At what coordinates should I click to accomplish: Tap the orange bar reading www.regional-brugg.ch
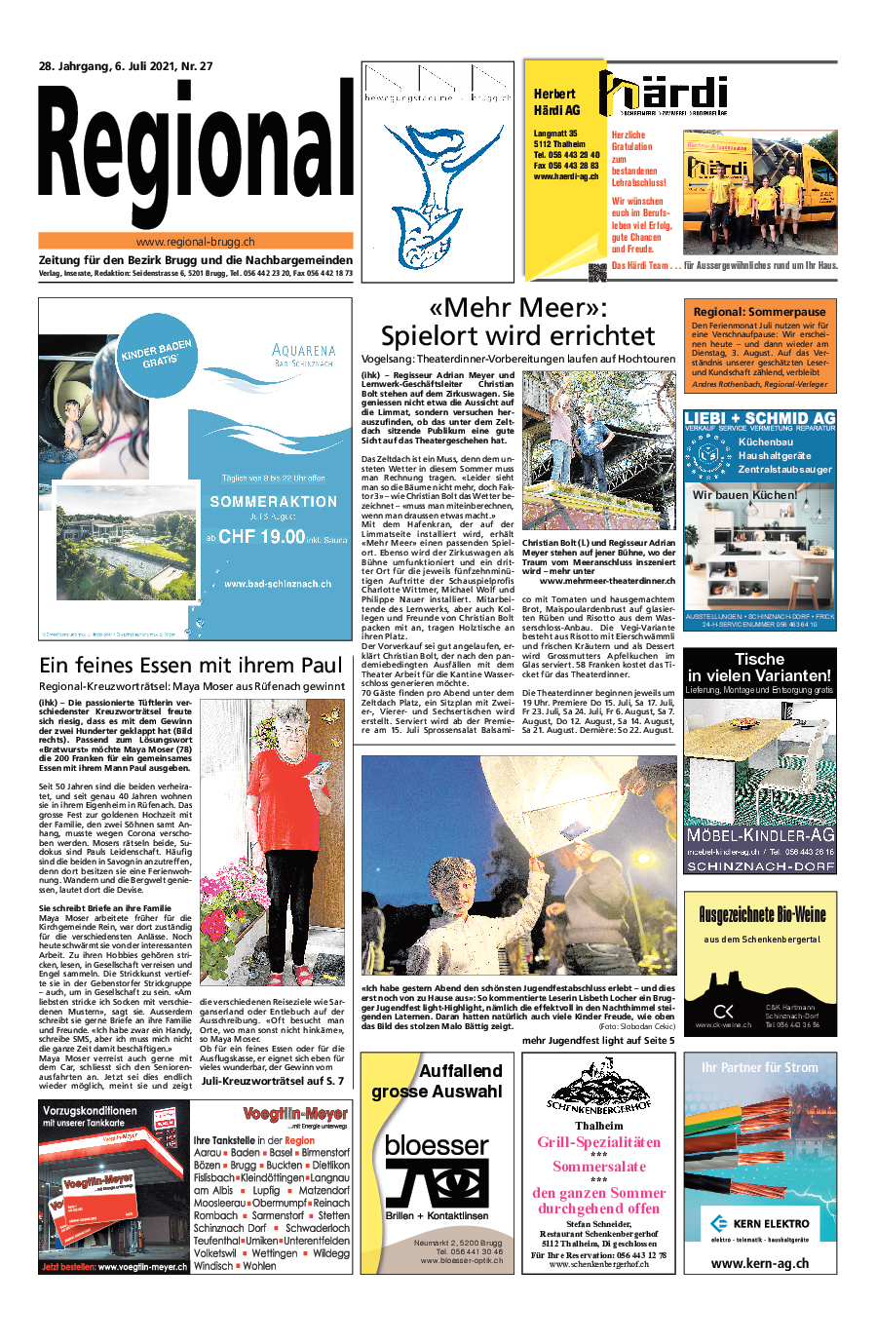click(195, 241)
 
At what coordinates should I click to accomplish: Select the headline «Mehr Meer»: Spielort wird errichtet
click(517, 322)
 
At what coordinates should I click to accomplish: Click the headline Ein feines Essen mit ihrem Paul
click(191, 665)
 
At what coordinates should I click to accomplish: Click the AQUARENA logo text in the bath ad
click(303, 350)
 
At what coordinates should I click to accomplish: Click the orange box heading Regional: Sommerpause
click(759, 312)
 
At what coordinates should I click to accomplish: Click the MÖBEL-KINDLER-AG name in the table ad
click(760, 835)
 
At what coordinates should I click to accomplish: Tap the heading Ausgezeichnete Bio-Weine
click(761, 914)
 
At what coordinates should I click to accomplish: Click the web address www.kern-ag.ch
click(760, 1263)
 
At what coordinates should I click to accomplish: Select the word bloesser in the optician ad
click(436, 1145)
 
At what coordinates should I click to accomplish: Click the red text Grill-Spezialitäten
click(598, 1142)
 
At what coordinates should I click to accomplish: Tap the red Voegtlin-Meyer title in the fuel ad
click(294, 1113)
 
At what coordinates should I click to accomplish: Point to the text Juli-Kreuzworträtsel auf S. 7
click(272, 1081)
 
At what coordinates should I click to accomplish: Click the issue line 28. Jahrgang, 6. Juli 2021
click(125, 66)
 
